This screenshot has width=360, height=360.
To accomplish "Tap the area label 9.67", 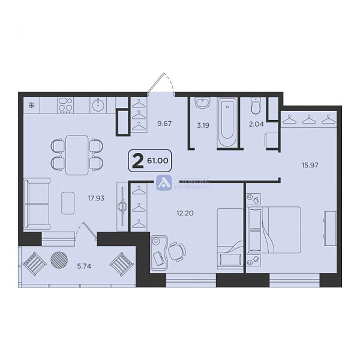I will click(x=164, y=124).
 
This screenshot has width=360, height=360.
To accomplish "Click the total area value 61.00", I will click(x=158, y=161).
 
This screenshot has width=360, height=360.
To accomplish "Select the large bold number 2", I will click(x=138, y=161).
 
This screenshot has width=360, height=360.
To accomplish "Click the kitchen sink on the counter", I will click(x=98, y=106).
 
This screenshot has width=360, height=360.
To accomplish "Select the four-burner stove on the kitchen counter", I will click(x=66, y=106).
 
